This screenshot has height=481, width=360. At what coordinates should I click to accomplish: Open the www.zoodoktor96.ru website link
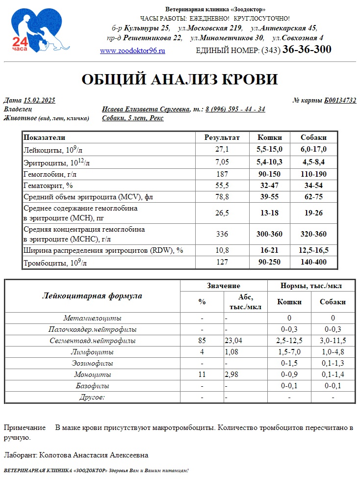[x=132, y=51]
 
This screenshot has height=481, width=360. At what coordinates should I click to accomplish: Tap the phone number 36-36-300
[x=307, y=50]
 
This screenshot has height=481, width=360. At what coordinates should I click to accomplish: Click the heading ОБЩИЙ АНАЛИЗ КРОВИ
[x=180, y=80]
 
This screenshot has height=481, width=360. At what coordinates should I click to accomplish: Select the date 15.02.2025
[x=39, y=101]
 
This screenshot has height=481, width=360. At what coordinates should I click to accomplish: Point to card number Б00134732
[x=340, y=101]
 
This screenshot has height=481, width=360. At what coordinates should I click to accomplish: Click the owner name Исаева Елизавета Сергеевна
[x=146, y=109]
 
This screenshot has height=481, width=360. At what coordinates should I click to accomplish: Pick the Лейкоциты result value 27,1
[x=222, y=149]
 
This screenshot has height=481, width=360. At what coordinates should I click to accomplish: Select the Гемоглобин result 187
[x=222, y=174]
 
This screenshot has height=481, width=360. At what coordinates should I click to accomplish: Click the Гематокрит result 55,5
[x=222, y=186]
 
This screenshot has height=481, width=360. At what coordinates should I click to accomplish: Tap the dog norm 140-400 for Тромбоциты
[x=313, y=262]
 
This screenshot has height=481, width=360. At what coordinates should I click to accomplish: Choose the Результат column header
[x=222, y=137]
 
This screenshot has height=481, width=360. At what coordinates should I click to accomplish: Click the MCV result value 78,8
[x=222, y=197]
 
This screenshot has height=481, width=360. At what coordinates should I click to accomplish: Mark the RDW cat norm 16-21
[x=269, y=250]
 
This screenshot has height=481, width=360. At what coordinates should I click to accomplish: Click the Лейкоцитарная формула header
[x=92, y=296]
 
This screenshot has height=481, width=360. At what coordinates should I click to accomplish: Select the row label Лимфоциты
[x=92, y=352]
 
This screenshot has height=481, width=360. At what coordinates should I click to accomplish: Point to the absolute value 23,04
[x=234, y=341]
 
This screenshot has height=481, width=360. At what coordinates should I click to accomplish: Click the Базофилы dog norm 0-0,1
[x=333, y=386]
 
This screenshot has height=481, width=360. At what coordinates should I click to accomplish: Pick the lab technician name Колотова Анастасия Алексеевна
[x=93, y=455]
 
